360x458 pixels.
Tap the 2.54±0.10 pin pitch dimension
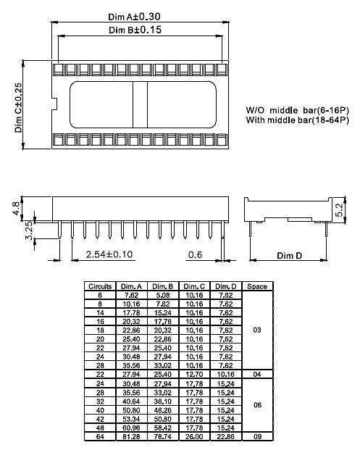pos(109,254)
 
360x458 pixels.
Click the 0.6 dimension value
pos(195,254)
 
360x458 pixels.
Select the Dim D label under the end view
pos(290,256)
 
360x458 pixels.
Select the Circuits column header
pos(100,286)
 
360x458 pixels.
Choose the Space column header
pos(257,286)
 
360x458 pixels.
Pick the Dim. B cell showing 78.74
pos(163,437)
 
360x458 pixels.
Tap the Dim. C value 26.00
pos(195,437)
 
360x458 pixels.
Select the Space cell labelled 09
pos(257,437)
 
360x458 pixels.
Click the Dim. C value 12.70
pos(195,373)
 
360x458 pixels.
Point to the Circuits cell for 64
pos(100,437)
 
